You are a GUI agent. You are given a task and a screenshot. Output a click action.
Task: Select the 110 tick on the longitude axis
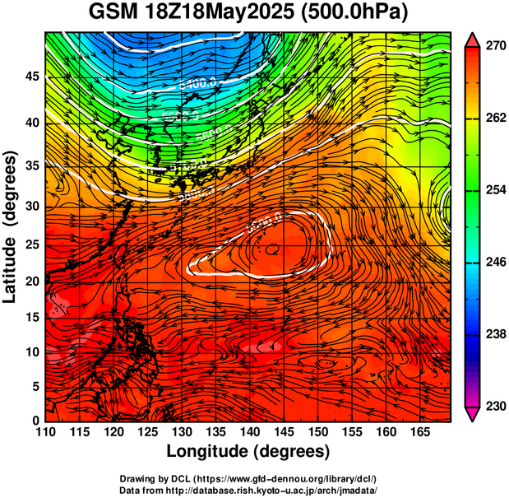tap(45, 432)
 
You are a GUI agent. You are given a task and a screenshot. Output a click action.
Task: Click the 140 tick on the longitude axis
tap(250, 432)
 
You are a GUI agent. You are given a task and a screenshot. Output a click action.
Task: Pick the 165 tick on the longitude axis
tap(420, 432)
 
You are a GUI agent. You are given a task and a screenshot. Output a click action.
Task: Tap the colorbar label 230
tap(493, 406)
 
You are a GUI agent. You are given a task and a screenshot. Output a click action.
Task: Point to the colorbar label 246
tap(493, 263)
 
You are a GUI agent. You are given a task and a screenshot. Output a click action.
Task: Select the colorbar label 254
tap(493, 191)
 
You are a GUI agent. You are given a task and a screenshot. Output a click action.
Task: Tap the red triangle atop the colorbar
tap(473, 40)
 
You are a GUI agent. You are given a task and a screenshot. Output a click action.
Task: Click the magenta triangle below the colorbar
tap(473, 414)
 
